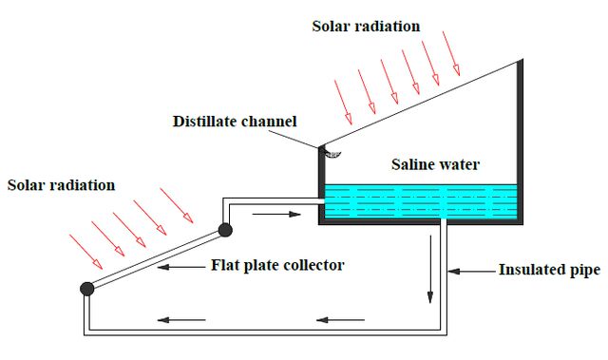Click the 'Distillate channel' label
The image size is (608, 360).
click(x=235, y=122)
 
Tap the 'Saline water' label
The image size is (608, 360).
click(x=435, y=164)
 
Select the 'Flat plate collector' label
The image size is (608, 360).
click(x=277, y=265)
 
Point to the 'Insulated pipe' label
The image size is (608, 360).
click(x=549, y=270)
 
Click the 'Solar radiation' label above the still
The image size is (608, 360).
click(x=366, y=27)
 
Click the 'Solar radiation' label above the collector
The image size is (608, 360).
click(x=61, y=185)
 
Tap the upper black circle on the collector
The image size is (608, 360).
click(x=225, y=230)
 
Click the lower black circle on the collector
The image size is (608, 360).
click(x=87, y=289)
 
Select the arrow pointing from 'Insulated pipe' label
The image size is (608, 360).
click(x=472, y=272)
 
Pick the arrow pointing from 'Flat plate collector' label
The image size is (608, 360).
click(x=181, y=267)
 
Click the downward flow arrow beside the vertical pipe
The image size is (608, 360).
click(x=430, y=270)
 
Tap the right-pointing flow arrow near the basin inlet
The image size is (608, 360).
click(x=276, y=214)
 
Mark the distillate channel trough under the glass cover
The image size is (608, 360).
click(x=332, y=154)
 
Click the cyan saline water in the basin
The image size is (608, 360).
click(x=421, y=201)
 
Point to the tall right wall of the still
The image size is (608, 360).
click(x=521, y=142)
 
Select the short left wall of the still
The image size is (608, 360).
click(x=321, y=185)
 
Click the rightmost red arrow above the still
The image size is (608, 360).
click(x=451, y=53)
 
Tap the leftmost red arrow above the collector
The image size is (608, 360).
click(x=85, y=252)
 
